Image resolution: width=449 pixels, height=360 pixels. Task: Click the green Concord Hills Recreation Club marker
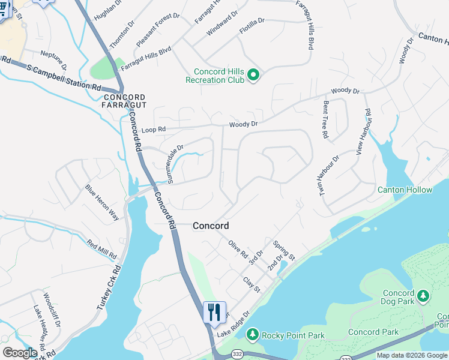[253, 75]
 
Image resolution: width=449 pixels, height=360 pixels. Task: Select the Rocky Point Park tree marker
[253, 334]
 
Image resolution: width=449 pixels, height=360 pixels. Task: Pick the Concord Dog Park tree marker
[423, 296]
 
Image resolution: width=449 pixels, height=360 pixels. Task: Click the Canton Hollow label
[405, 190]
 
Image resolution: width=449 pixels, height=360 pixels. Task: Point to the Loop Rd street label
[153, 129]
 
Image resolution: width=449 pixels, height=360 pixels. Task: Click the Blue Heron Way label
[102, 202]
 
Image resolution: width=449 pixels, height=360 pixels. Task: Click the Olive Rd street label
[238, 249]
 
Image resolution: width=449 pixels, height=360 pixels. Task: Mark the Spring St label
[284, 250]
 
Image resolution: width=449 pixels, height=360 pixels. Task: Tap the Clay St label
[251, 284]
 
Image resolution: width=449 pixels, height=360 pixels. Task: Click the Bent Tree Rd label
[325, 119]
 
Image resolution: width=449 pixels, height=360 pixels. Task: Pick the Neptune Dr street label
[53, 61]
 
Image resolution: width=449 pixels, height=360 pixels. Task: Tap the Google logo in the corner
[20, 353]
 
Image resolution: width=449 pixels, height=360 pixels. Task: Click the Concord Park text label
[373, 332]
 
